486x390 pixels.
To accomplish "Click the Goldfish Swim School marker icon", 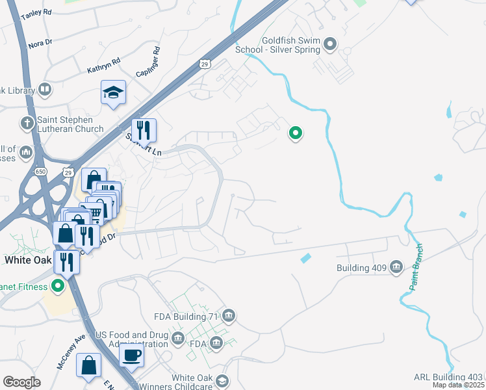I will (330, 44).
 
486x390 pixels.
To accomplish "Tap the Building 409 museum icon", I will (396, 267).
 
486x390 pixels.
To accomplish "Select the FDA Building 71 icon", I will (228, 317).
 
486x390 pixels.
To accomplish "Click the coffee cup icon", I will (132, 355).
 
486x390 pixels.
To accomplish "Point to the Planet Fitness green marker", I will (58, 285).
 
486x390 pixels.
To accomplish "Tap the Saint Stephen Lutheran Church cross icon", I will (27, 122).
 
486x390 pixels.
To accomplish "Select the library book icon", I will (45, 88).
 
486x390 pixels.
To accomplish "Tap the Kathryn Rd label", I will (104, 65).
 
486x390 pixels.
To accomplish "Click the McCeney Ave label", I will (71, 352).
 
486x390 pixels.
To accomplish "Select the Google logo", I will (21, 382).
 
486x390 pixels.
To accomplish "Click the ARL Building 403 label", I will (448, 378).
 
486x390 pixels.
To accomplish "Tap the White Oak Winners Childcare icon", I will (222, 381).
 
